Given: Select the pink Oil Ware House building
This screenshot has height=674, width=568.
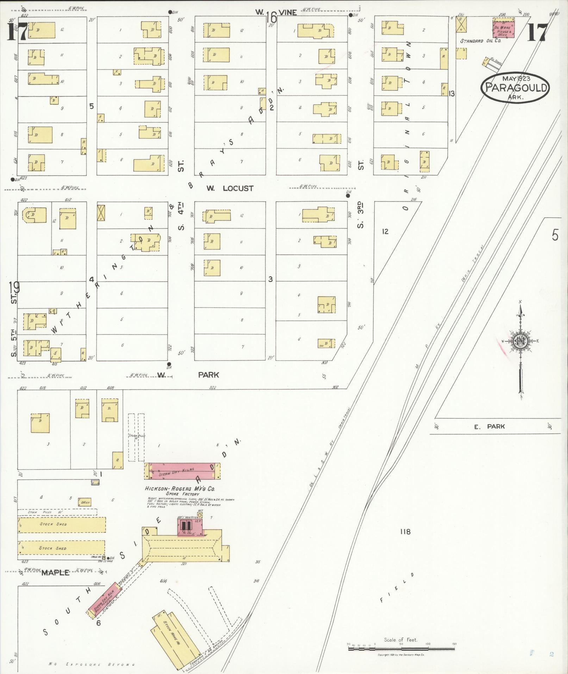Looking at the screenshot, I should point(503,29).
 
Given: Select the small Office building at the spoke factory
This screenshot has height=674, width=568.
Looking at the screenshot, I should point(85,502).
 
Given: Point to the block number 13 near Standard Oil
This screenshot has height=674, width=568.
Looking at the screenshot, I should point(452,93).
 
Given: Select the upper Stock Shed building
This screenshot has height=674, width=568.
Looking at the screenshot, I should point(62,525).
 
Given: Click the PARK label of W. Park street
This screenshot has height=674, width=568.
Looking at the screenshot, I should point(208,375).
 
